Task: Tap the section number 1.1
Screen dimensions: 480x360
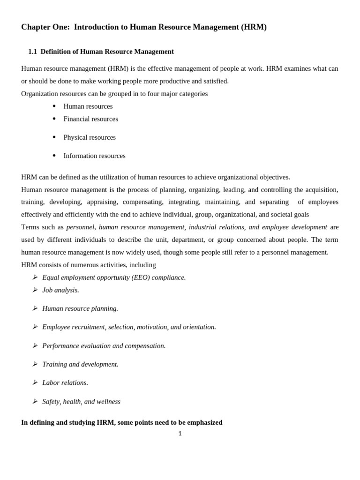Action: (32, 52)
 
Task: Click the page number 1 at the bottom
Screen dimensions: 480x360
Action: (180, 434)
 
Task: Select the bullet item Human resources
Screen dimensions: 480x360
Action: (88, 106)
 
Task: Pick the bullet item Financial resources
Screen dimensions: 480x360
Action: (90, 119)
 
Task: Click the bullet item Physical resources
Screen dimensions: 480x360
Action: (89, 137)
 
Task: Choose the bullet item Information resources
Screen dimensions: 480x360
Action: (94, 156)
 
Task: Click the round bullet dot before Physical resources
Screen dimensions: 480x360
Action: (54, 137)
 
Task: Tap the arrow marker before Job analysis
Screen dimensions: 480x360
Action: (35, 290)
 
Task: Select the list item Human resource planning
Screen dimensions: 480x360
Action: (80, 308)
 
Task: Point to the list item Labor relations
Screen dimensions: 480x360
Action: (65, 382)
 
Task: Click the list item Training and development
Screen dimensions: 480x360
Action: (80, 364)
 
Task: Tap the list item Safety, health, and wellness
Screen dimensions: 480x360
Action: (81, 402)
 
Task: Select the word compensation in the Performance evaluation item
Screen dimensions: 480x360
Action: (145, 346)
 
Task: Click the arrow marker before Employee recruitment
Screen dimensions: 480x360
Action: (35, 327)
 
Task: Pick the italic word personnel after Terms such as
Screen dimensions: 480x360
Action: (80, 227)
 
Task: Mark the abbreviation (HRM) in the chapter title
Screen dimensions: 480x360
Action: (254, 27)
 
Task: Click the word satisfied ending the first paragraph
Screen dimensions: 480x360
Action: (216, 81)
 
